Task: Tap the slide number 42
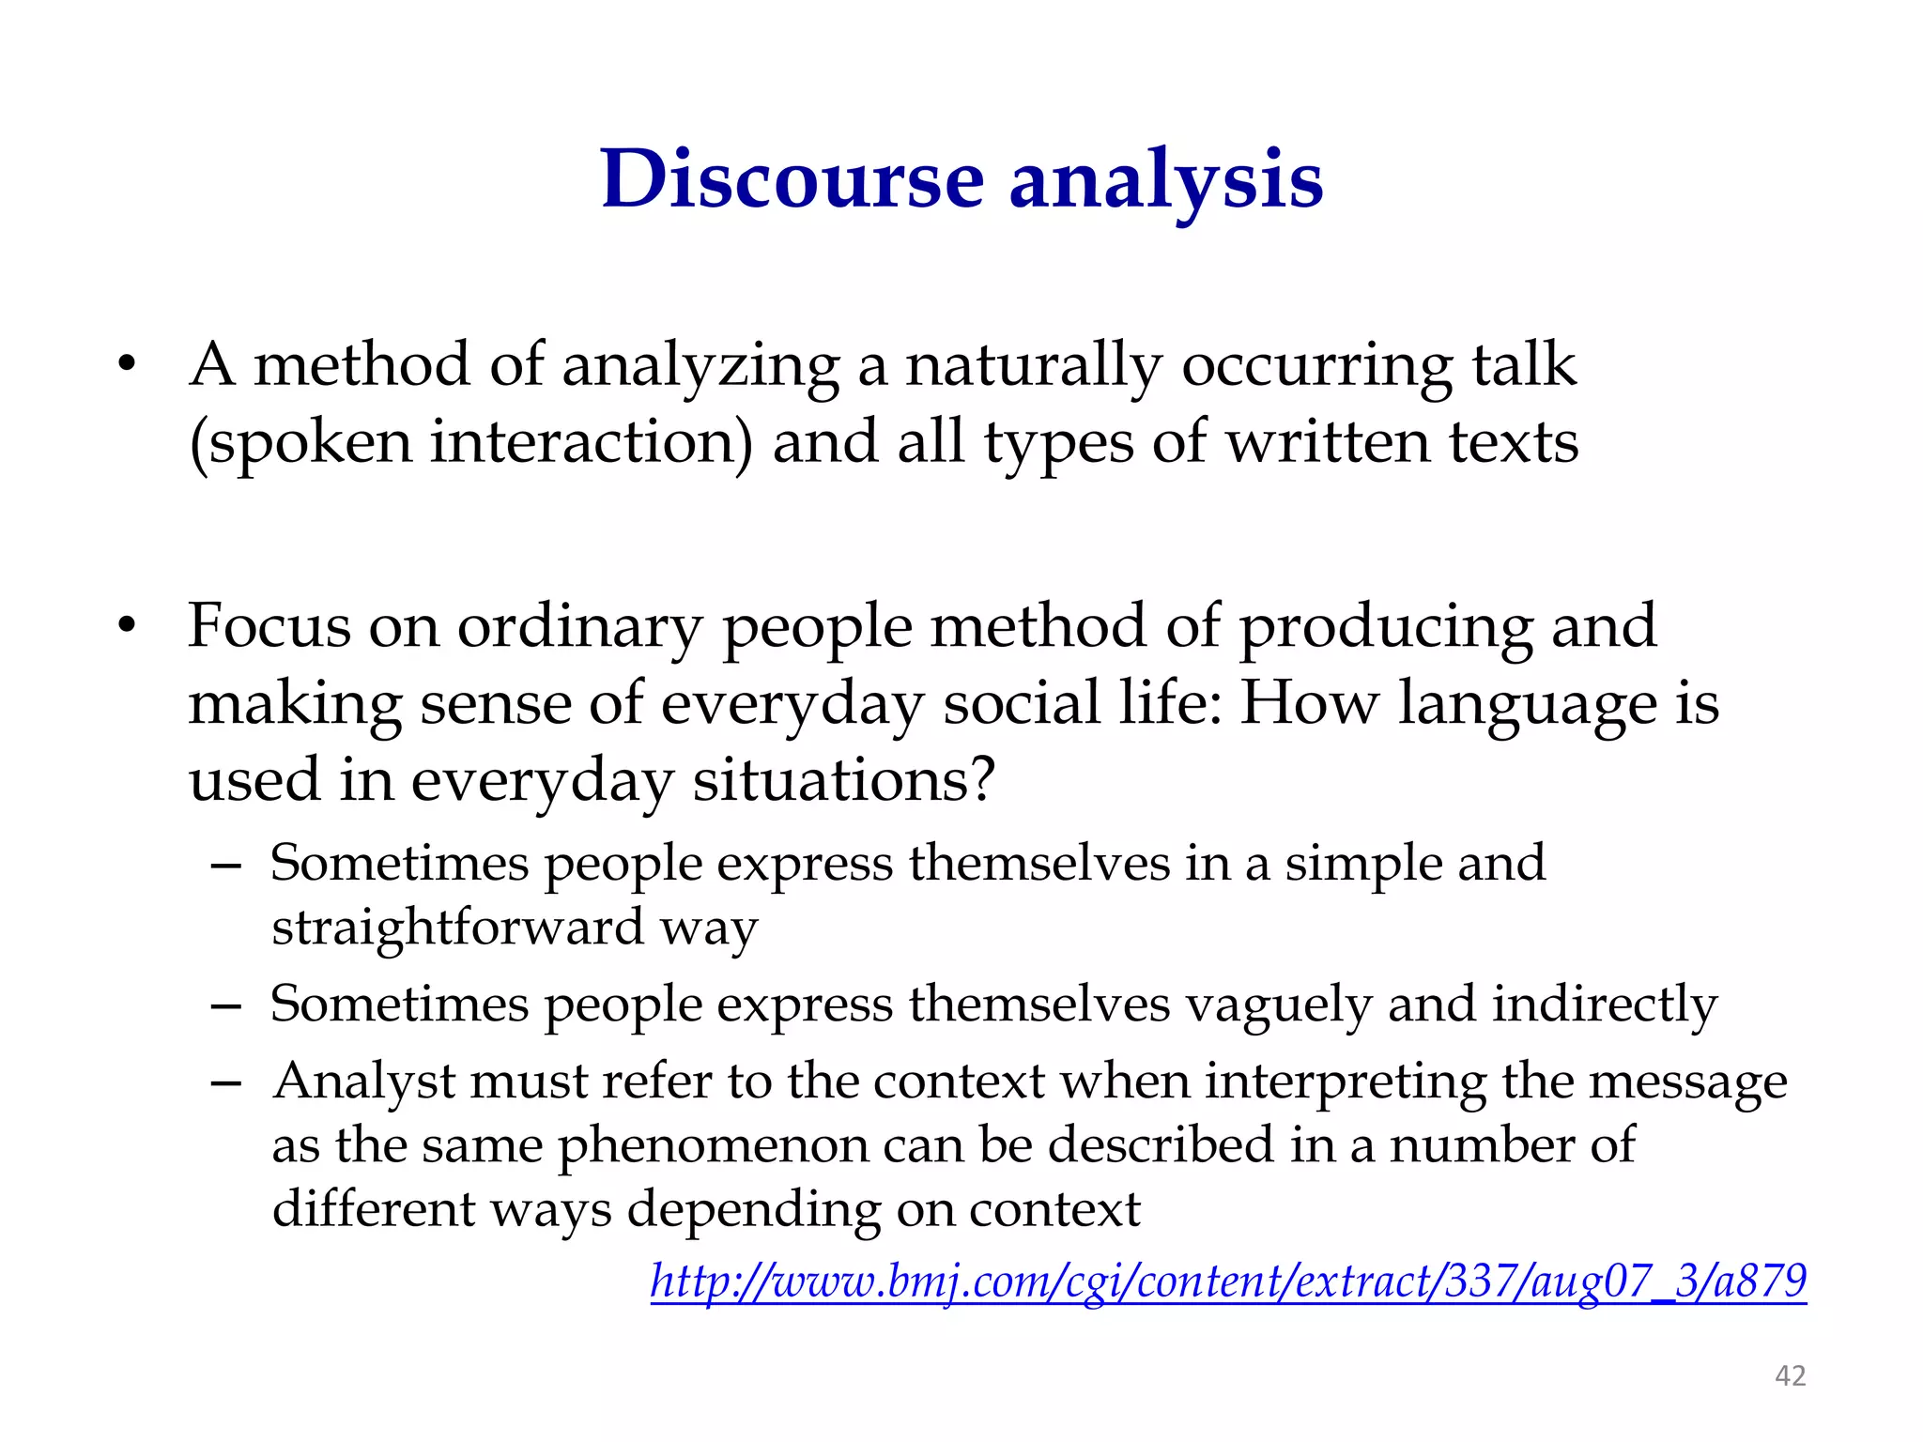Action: coord(1790,1375)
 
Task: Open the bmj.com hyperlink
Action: coord(1228,1281)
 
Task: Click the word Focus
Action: coord(269,626)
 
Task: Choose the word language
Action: coord(1527,705)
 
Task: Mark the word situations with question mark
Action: coord(843,780)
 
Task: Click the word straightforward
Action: coord(457,928)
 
